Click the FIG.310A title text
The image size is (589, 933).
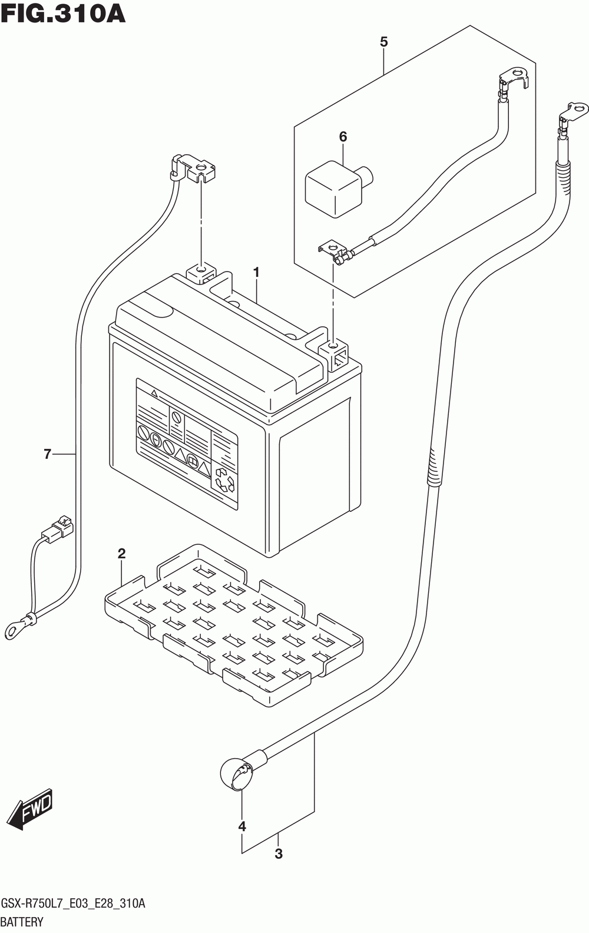coord(63,14)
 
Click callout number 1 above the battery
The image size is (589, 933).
coord(256,272)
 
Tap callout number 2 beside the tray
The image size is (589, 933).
coord(121,554)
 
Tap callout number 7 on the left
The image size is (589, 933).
coord(47,454)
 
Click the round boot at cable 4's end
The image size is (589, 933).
coord(236,775)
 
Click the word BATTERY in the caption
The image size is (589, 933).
coord(22,922)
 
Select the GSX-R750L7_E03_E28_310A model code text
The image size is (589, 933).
coord(73,904)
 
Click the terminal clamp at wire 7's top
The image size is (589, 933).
coord(194,168)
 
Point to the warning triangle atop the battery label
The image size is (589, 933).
coord(154,392)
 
